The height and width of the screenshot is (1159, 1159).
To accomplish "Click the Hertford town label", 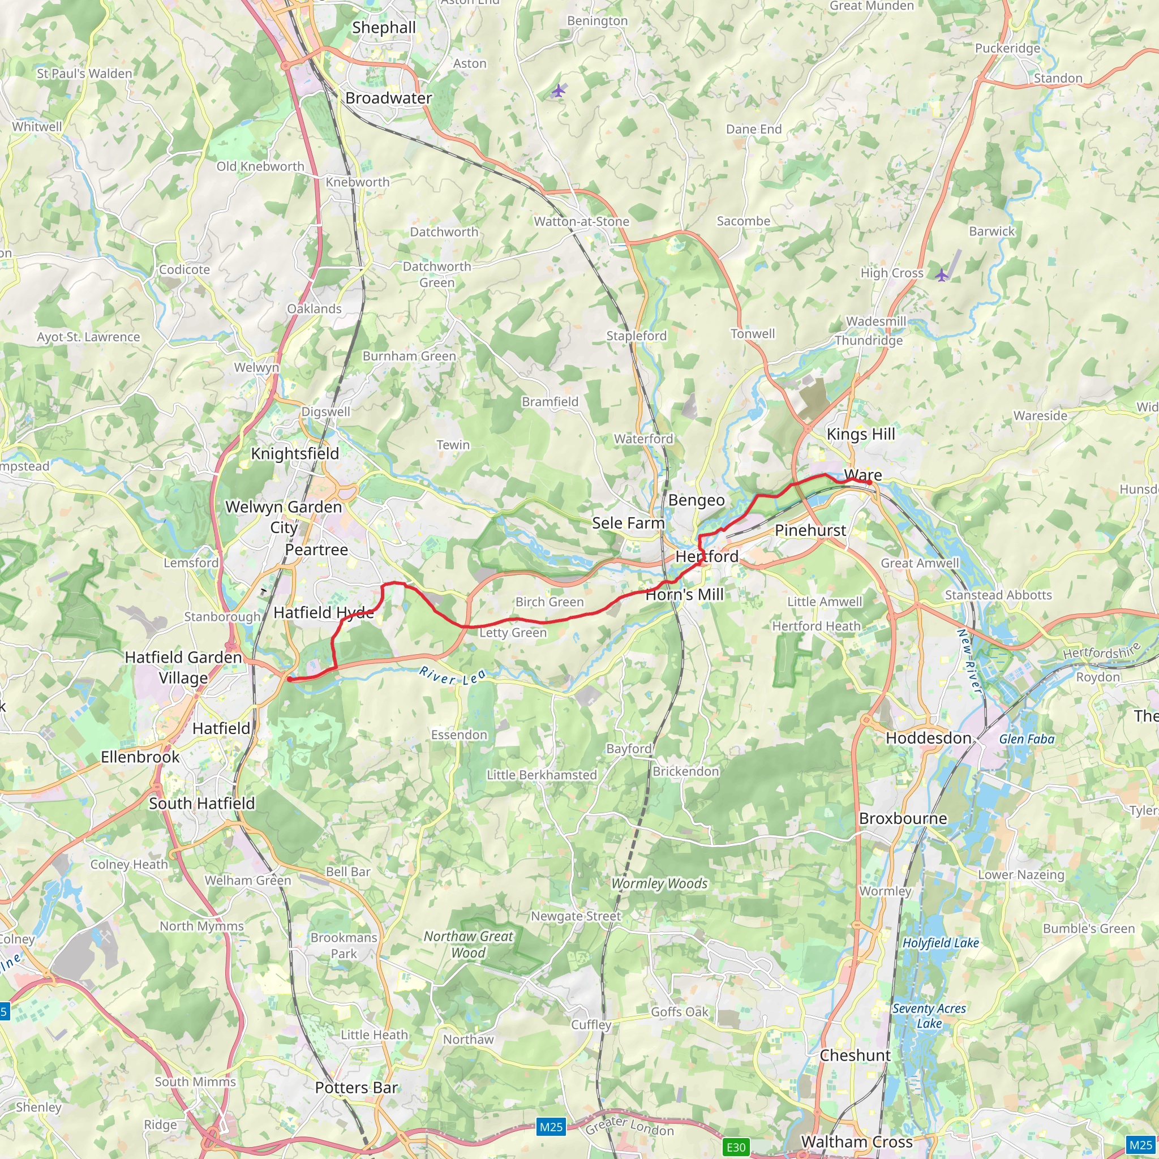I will (707, 556).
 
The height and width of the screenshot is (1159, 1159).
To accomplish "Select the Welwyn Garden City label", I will (283, 517).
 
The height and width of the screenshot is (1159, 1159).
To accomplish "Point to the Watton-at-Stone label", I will (581, 221).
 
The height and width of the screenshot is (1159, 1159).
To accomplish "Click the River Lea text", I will (452, 676).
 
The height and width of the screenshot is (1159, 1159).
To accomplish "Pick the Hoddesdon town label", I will (928, 738).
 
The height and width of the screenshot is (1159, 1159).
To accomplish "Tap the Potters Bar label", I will (357, 1088).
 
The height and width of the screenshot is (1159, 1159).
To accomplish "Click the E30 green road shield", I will (736, 1147).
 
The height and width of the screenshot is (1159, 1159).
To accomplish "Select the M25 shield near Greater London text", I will (551, 1127).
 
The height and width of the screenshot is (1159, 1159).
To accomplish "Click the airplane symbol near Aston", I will (559, 91).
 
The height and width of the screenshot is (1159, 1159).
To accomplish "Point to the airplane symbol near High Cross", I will (942, 276).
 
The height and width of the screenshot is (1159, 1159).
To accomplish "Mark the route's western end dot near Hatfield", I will (290, 679).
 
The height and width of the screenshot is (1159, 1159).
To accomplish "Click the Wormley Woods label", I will (659, 883).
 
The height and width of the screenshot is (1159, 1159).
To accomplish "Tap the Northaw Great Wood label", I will (468, 945).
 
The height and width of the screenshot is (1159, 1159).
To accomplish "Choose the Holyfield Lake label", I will (940, 942).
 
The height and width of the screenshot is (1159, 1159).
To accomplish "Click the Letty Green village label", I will (512, 632).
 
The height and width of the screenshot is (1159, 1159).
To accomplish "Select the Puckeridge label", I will (1007, 48).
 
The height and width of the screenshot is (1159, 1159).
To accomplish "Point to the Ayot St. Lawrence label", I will (88, 337).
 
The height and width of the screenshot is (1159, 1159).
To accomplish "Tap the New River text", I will (968, 660).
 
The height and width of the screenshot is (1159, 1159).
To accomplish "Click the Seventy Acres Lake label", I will (929, 1016).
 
